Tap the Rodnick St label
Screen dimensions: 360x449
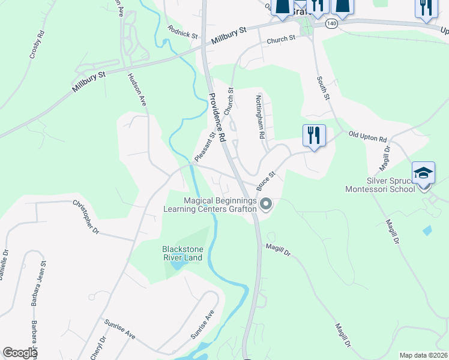(183, 32)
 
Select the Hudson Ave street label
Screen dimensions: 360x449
(137, 90)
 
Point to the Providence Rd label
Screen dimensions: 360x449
(217, 117)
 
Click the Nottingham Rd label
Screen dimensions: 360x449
(260, 116)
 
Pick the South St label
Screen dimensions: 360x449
(324, 88)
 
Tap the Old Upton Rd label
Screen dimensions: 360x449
(367, 137)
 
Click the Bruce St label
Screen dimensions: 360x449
(265, 178)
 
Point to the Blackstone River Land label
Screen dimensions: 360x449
(182, 253)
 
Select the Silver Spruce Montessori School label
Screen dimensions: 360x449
(380, 185)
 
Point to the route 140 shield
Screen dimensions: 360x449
(332, 23)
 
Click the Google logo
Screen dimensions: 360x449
(19, 353)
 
